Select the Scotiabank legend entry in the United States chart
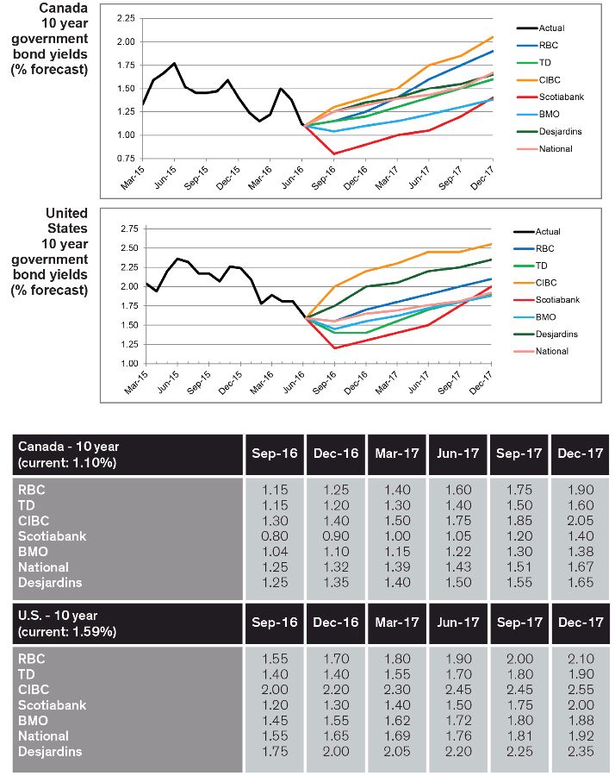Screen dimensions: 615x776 pos(546,300)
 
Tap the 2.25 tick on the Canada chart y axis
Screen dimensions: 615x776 pos(126,18)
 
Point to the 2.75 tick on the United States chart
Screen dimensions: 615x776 pos(129,228)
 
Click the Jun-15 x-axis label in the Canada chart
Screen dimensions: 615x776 pos(165,177)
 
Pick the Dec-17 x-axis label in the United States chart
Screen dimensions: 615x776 pos(481,383)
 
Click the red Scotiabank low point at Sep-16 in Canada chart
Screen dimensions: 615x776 pos(334,154)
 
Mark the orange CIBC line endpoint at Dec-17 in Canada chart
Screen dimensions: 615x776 pos(493,37)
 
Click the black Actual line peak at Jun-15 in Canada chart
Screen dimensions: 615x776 pos(175,63)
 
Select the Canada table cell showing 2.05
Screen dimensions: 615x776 pos(581,521)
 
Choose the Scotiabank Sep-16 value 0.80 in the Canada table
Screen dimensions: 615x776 pos(275,536)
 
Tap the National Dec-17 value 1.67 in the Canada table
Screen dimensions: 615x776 pos(581,567)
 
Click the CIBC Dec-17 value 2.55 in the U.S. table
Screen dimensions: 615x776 pos(581,690)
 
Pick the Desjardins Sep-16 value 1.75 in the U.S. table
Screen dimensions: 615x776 pos(275,751)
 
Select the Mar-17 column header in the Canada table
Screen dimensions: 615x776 pos(397,454)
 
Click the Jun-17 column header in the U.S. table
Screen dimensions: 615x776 pos(457,622)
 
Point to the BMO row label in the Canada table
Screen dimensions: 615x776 pos(33,552)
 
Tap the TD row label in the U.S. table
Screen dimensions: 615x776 pos(26,674)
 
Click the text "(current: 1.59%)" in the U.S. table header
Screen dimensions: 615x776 pos(67,632)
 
